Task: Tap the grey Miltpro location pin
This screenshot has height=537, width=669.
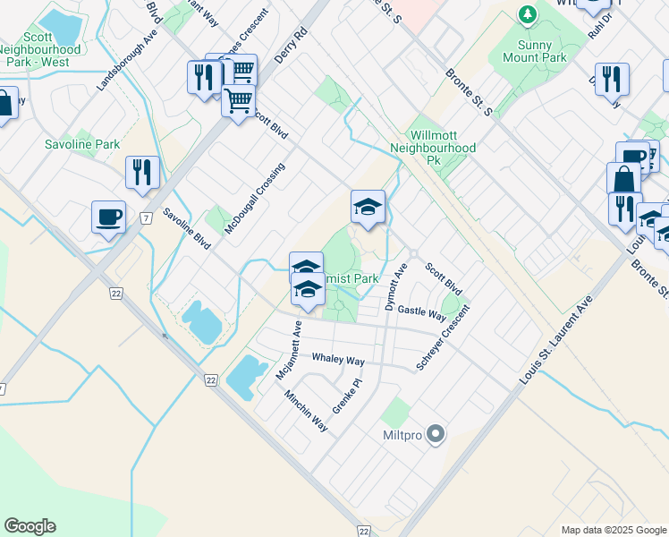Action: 436,435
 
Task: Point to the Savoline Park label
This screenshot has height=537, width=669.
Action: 82,144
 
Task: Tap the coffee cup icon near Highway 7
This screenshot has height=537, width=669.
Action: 108,217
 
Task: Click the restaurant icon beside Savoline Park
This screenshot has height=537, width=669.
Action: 142,172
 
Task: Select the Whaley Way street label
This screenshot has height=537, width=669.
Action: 337,360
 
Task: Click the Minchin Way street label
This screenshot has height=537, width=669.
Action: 306,410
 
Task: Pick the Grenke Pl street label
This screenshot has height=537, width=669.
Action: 346,394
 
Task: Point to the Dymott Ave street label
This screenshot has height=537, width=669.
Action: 396,287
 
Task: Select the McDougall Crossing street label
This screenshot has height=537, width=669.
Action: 255,199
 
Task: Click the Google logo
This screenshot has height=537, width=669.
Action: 30,526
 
